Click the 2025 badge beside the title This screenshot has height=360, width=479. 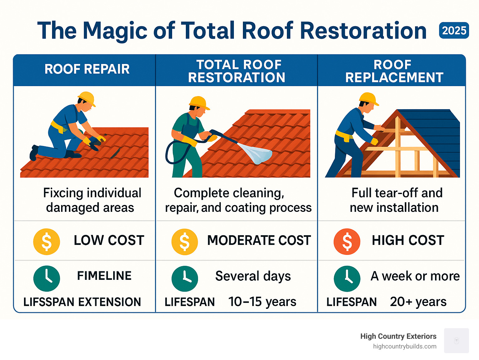coord(454,31)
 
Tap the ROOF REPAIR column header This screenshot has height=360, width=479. coord(87,69)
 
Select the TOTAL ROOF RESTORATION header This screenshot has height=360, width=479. coord(237,71)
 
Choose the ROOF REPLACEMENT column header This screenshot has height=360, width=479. coord(394,71)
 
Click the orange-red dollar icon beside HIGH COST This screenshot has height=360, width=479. coord(347,242)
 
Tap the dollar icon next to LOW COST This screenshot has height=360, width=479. coord(46,242)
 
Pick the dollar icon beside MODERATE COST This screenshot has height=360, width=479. coord(185,242)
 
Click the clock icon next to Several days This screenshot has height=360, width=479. coord(185,278)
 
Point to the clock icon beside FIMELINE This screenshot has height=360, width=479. coord(46,278)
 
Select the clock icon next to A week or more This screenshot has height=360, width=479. coord(347,278)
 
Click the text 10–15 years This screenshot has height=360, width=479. coord(262,302)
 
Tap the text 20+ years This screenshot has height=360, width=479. coord(418,302)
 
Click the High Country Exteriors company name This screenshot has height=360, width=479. coord(398,336)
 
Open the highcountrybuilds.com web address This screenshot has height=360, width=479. coord(404,347)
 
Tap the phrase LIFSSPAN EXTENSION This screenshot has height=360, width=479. coord(82,302)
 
